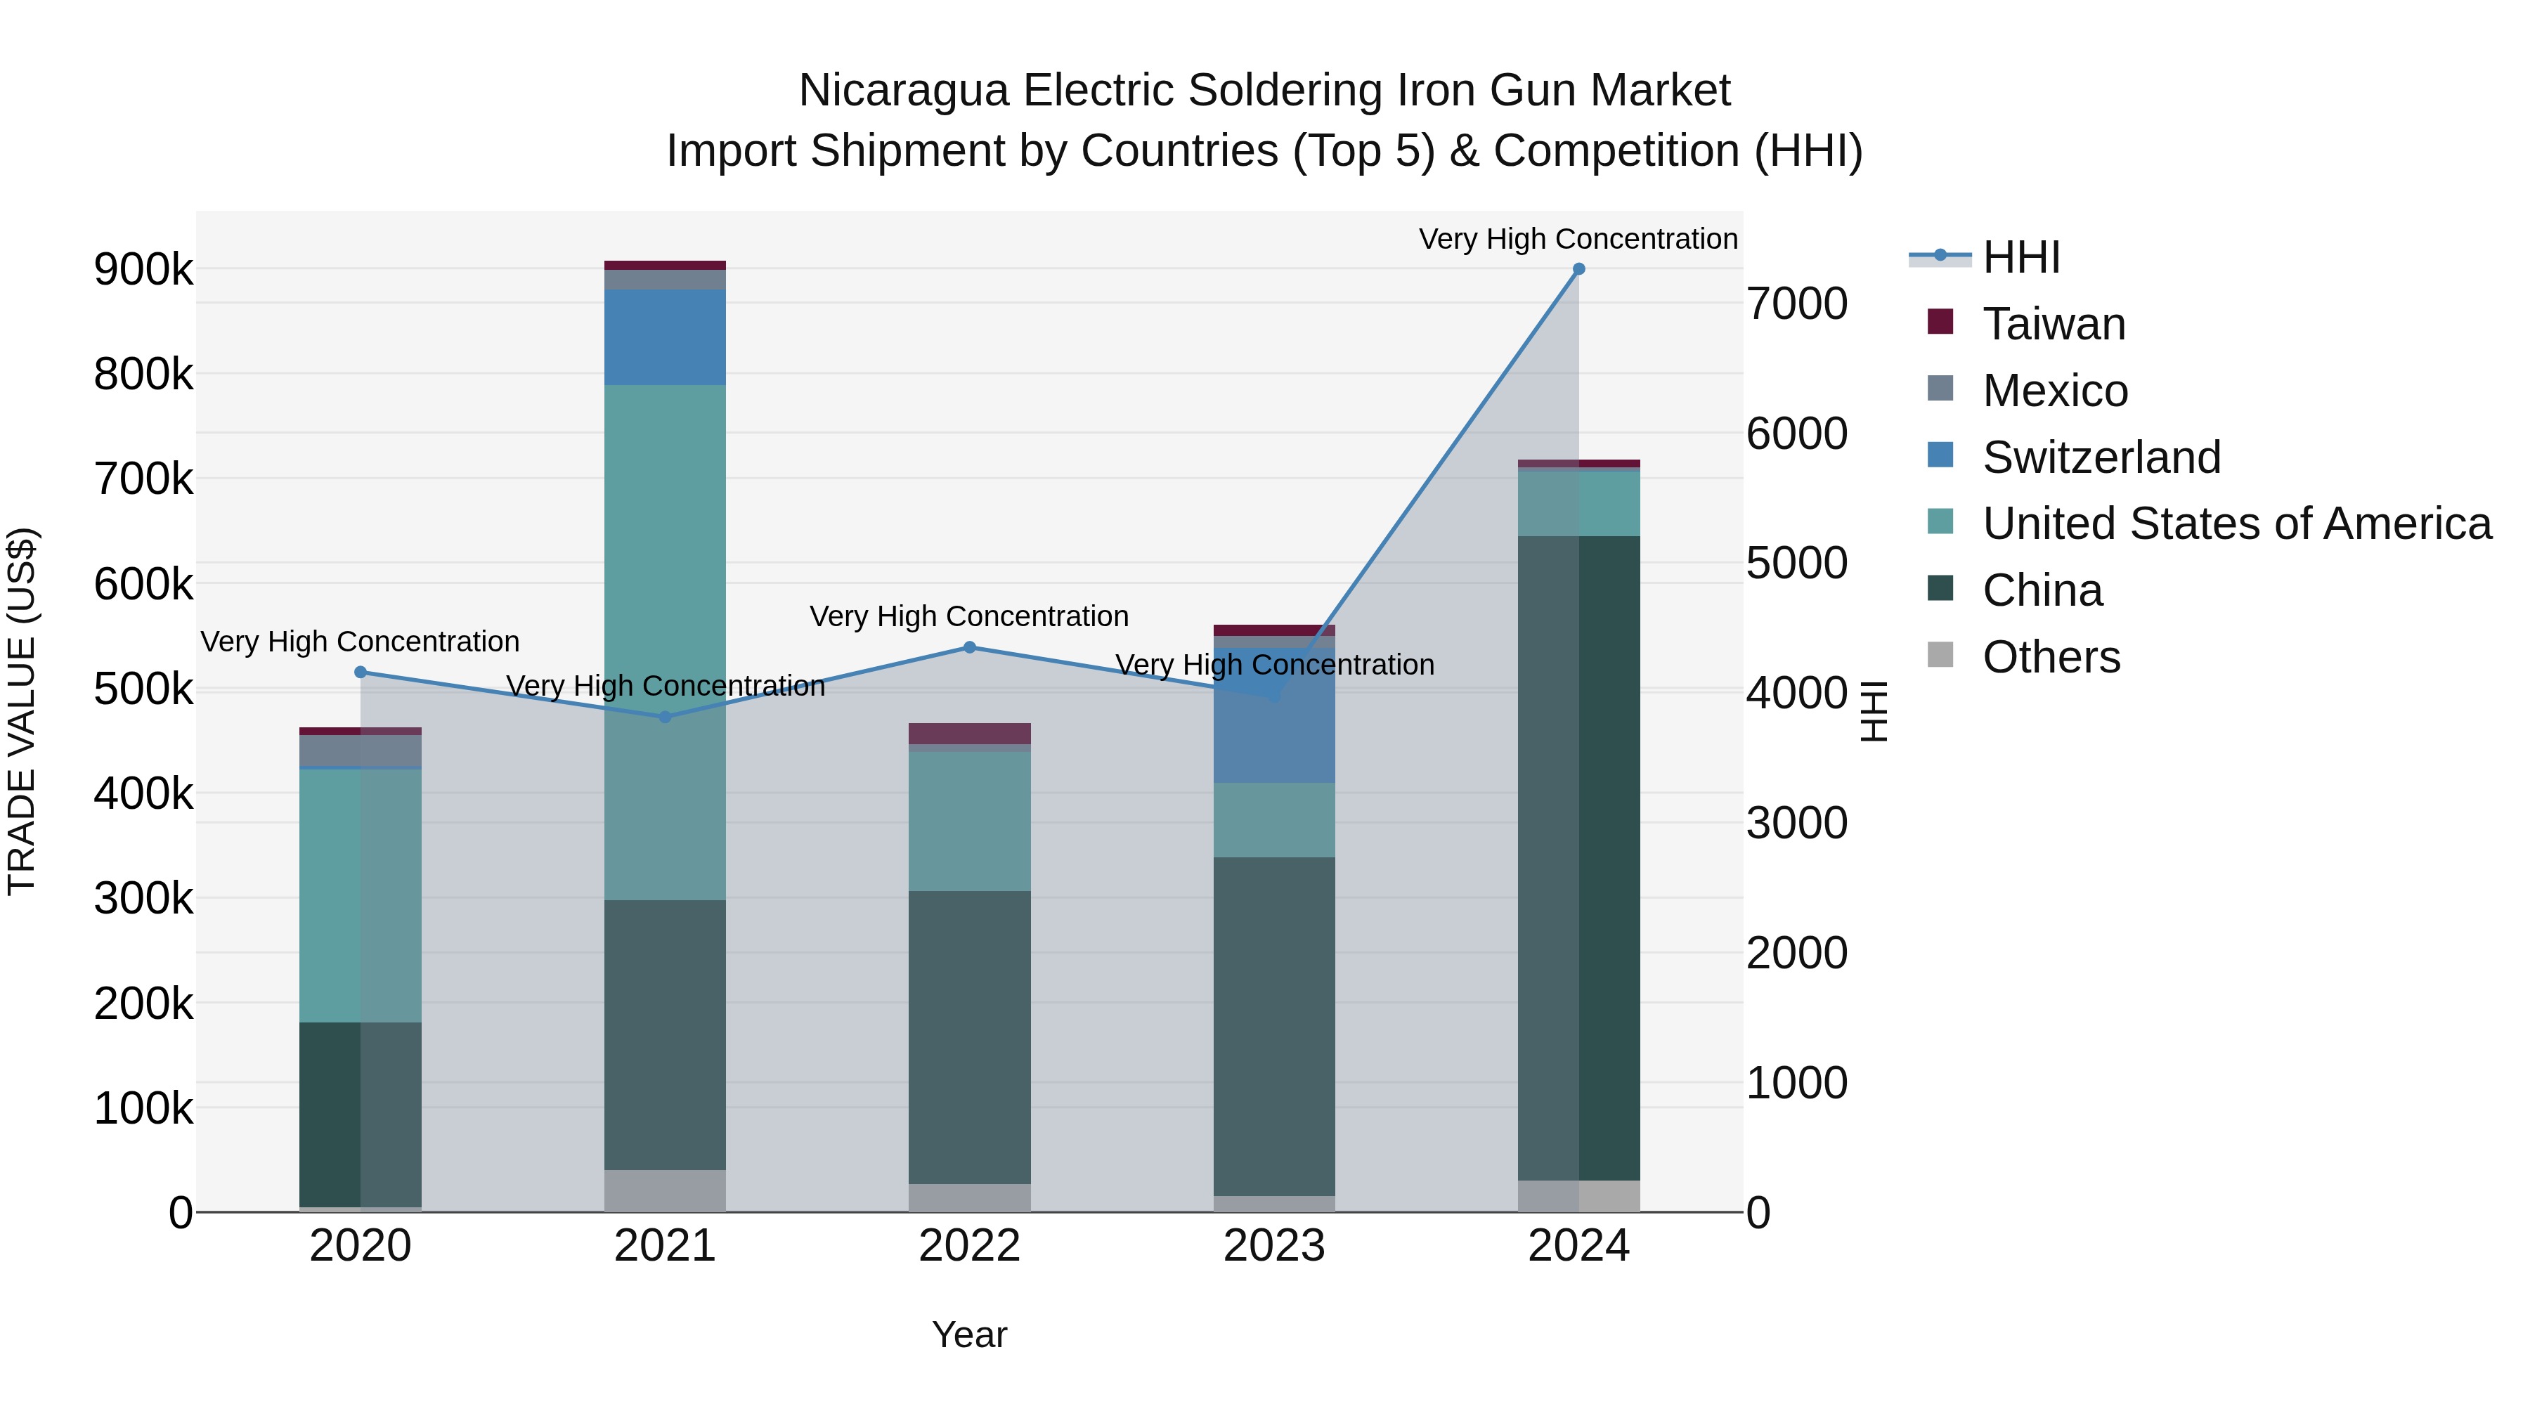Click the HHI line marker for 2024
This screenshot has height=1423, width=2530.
click(x=1578, y=269)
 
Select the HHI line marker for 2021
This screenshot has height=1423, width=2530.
click(x=665, y=717)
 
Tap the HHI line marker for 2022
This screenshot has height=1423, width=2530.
click(x=969, y=647)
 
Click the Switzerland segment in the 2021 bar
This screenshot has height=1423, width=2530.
click(x=665, y=337)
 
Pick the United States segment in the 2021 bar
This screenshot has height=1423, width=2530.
click(x=665, y=638)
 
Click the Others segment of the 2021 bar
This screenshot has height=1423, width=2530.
click(x=665, y=1190)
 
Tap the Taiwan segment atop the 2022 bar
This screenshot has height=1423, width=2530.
click(x=969, y=734)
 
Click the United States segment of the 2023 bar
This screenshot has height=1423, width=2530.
click(x=1274, y=819)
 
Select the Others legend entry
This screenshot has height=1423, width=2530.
click(x=2051, y=657)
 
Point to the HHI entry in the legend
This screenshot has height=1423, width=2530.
click(x=2020, y=257)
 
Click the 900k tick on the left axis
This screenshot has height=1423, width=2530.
click(x=143, y=269)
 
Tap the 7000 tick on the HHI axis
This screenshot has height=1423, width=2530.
click(x=1796, y=304)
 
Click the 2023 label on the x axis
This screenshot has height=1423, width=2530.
click(x=1274, y=1246)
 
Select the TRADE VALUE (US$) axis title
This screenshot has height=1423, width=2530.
click(x=22, y=711)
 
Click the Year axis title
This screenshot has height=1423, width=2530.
click(x=969, y=1334)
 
